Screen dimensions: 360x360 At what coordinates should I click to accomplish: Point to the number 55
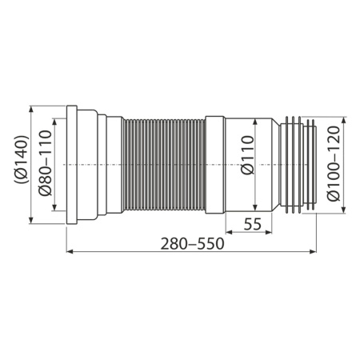[x=252, y=225]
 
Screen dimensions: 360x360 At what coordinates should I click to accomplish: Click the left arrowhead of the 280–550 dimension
[x=67, y=253]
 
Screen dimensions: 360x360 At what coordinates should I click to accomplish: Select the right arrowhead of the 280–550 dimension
[x=315, y=253]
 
